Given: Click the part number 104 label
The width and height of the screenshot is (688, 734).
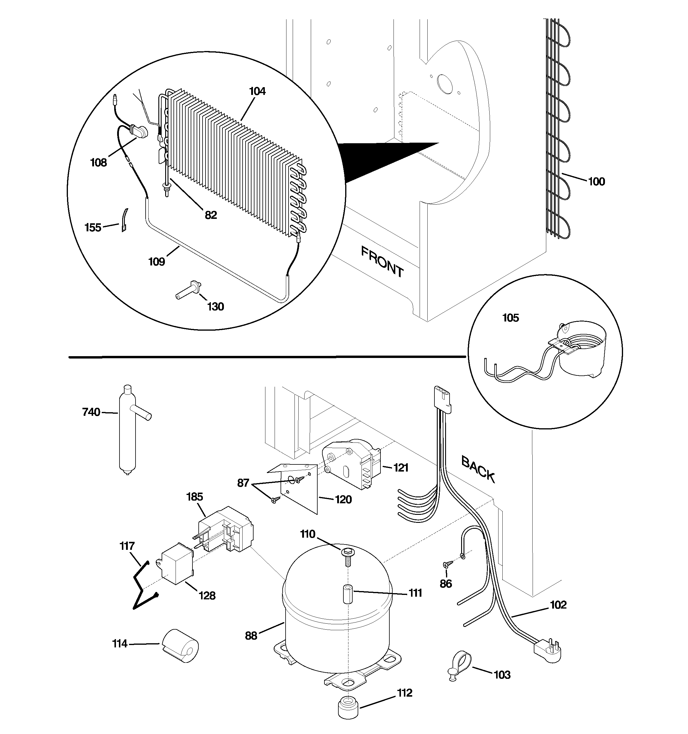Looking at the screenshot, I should (257, 91).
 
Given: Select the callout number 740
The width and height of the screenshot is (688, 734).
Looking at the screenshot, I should (91, 412).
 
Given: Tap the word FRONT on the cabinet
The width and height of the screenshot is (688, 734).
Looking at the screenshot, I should (382, 262).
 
